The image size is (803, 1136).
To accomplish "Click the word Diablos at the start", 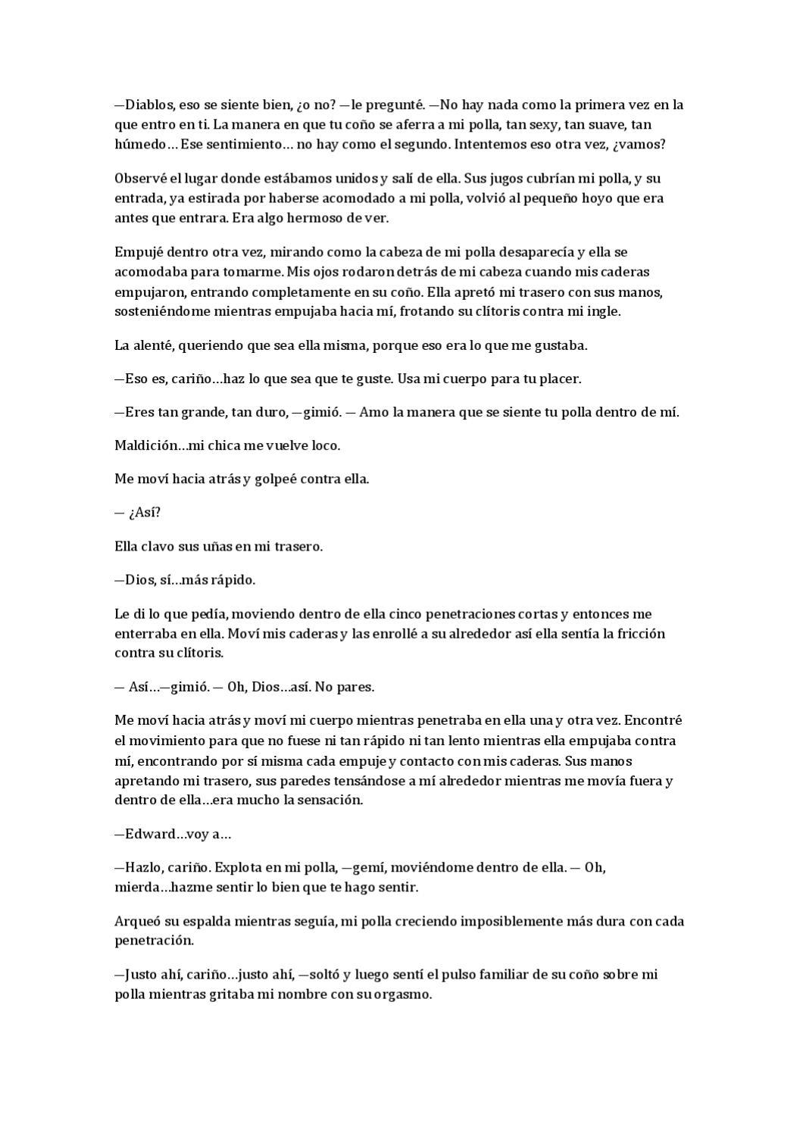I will (148, 105).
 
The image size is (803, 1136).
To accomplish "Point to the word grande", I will (201, 413).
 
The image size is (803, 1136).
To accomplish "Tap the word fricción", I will (640, 633).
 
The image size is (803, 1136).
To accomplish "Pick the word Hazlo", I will (143, 867).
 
